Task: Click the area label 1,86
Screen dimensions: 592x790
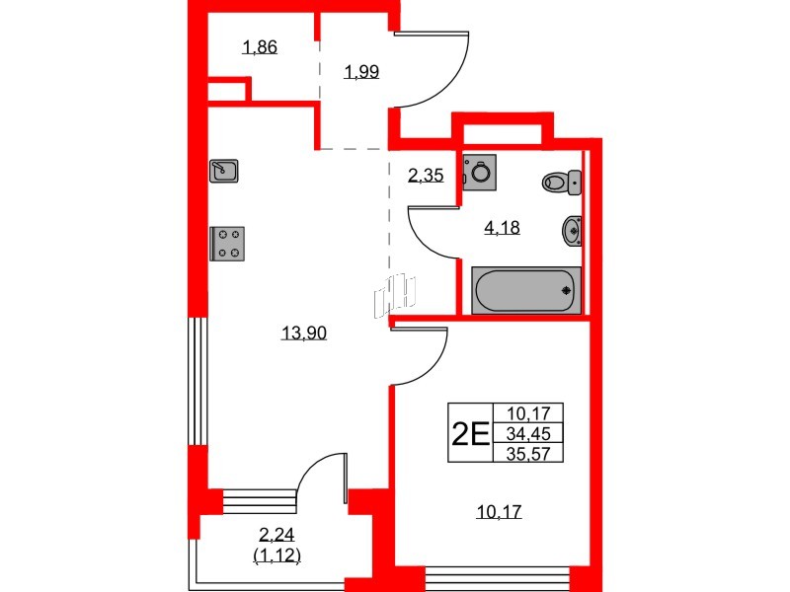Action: click(259, 46)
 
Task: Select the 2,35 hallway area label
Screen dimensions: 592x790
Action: click(426, 177)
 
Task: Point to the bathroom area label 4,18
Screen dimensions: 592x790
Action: click(501, 228)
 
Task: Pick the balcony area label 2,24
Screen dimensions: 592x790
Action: click(277, 536)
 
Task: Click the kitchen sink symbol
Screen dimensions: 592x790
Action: click(223, 171)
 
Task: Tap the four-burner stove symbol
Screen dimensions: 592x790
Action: click(228, 243)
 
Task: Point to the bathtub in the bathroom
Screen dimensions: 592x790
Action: click(522, 291)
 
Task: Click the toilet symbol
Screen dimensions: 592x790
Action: click(561, 182)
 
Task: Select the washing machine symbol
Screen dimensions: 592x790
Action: click(481, 171)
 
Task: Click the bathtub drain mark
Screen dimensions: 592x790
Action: click(566, 291)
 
